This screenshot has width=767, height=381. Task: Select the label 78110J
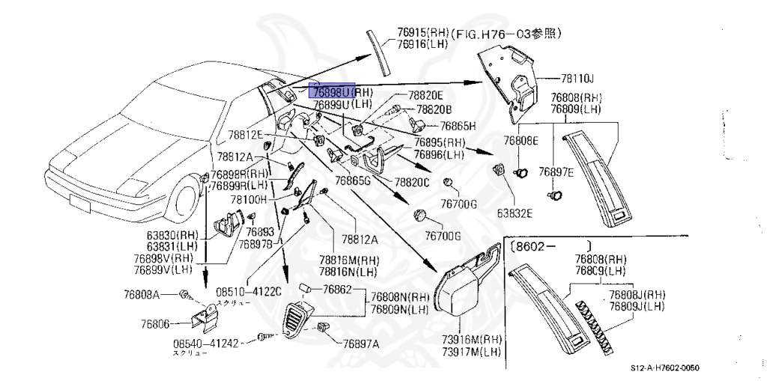coord(577,79)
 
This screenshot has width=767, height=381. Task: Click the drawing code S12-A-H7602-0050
coord(668,368)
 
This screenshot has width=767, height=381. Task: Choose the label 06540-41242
coord(205,344)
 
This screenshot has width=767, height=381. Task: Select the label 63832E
coord(515,213)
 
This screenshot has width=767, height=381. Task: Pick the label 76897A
coord(361,344)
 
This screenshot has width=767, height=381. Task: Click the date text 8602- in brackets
coord(536,245)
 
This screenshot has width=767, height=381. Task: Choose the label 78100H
coord(228,201)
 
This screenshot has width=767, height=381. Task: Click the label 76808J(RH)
coord(637,295)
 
